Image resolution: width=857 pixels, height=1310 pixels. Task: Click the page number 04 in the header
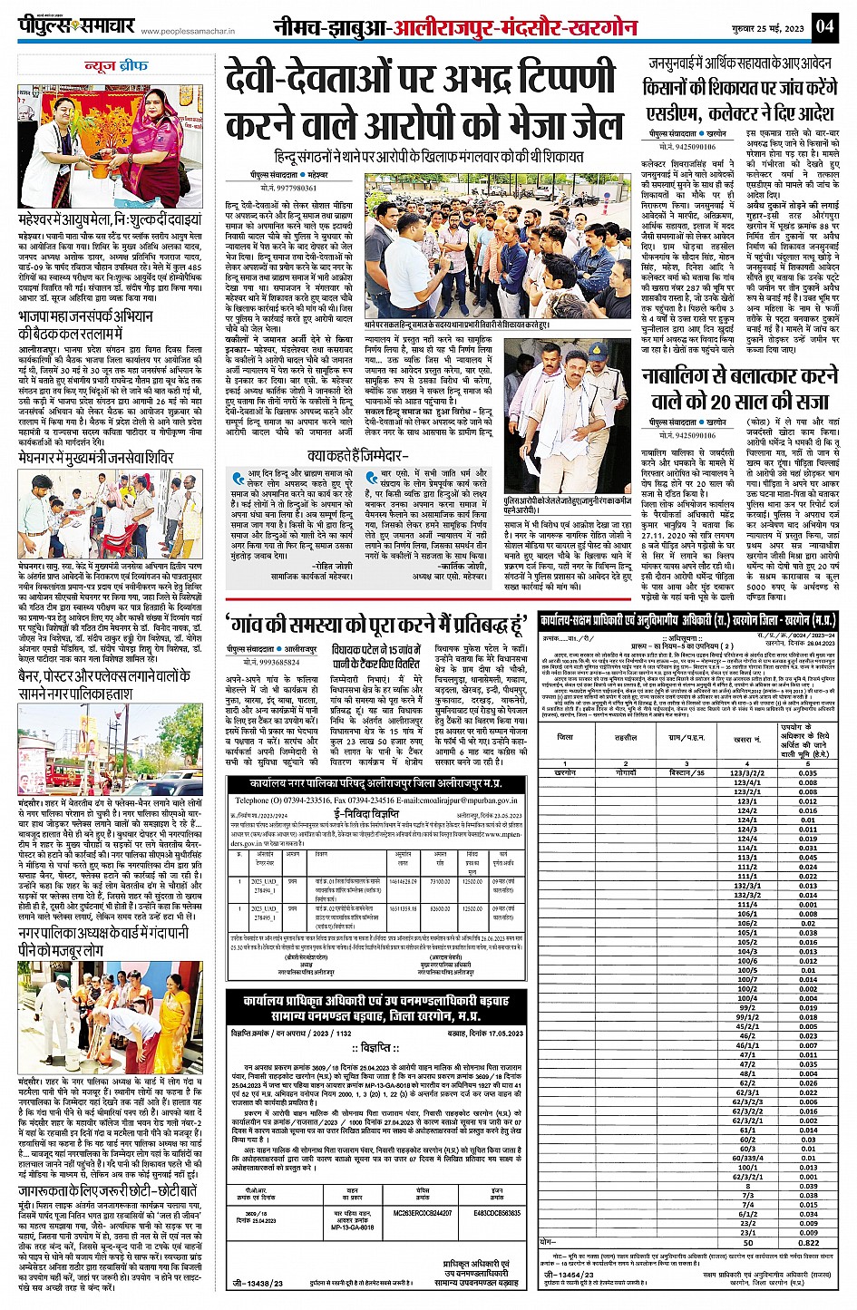[823, 25]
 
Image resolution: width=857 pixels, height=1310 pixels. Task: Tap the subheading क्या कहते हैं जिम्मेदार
[358, 456]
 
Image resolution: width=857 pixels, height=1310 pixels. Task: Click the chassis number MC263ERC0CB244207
[422, 1211]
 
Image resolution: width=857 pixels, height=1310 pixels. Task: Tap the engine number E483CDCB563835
[496, 1211]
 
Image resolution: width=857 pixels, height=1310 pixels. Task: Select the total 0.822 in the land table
[808, 1243]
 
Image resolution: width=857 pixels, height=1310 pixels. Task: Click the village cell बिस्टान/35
[687, 773]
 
